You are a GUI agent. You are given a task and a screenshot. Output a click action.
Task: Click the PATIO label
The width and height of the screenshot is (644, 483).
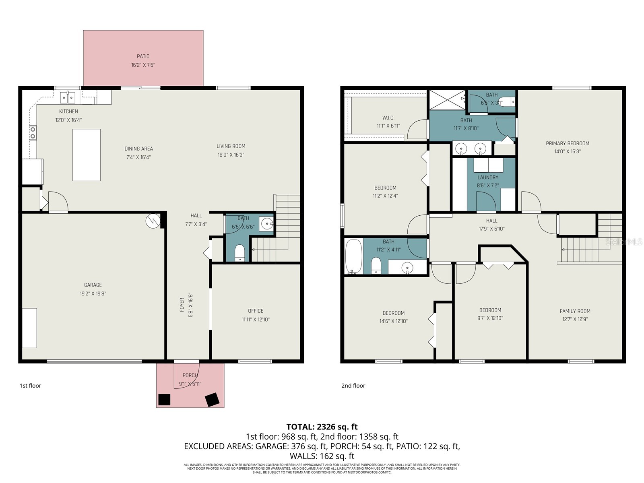pyautogui.click(x=143, y=56)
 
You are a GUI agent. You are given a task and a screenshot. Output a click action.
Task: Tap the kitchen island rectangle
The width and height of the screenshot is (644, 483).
pyautogui.click(x=87, y=155)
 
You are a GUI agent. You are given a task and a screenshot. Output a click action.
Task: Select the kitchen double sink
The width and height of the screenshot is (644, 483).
pyautogui.click(x=68, y=97)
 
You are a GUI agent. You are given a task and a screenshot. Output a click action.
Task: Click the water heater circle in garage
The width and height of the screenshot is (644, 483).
pyautogui.click(x=153, y=221)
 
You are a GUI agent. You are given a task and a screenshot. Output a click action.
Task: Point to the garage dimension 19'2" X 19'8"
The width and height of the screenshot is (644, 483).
pyautogui.click(x=93, y=293)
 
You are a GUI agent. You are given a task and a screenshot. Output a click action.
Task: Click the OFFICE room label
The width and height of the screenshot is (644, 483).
pyautogui.click(x=256, y=311)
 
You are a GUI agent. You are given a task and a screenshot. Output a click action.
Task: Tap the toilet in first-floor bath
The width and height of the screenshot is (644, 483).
pyautogui.click(x=239, y=253)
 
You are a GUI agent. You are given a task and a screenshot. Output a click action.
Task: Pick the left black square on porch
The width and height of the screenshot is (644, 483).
pyautogui.click(x=164, y=399)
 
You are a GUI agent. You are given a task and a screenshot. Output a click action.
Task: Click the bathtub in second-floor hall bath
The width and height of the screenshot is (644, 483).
pyautogui.click(x=354, y=257)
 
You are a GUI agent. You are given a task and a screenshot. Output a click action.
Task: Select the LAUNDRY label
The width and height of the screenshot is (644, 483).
pyautogui.click(x=488, y=177)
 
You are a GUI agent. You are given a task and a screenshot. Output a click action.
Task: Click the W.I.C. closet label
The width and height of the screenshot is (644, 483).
pyautogui.click(x=388, y=118)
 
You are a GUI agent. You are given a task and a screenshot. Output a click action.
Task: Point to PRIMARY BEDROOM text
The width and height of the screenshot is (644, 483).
pyautogui.click(x=567, y=143)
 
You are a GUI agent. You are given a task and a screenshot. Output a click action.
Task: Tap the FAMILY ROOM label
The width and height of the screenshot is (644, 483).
pyautogui.click(x=575, y=311)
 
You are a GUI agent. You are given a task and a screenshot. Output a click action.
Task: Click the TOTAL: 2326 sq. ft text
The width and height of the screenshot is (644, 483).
pyautogui.click(x=322, y=427)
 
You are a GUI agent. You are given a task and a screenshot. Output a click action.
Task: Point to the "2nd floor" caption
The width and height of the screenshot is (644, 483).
pyautogui.click(x=353, y=386)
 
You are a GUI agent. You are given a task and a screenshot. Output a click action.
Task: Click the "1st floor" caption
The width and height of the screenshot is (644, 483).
pyautogui.click(x=31, y=386)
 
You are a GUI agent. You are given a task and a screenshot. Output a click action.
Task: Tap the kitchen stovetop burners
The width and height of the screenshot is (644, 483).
pyautogui.click(x=33, y=133)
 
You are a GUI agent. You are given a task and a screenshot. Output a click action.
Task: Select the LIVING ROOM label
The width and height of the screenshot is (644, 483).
pyautogui.click(x=231, y=146)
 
